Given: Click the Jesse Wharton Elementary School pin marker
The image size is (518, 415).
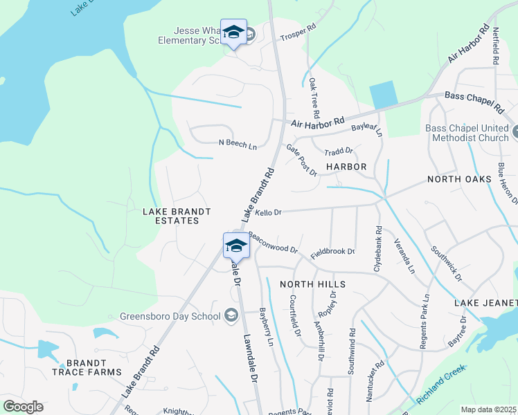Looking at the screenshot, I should [233, 32].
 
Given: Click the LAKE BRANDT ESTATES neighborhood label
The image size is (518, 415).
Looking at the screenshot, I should [170, 215].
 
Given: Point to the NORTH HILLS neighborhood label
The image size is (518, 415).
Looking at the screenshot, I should [312, 284].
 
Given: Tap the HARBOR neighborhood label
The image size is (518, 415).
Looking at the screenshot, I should [346, 167].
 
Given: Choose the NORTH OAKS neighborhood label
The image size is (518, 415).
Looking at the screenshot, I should [459, 179].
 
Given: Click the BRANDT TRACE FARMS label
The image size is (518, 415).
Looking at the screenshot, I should [87, 367].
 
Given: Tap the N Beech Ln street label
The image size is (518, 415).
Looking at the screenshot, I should [238, 144].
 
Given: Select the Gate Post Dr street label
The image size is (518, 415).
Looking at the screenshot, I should [301, 160].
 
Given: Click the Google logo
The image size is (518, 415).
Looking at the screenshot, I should [23, 407].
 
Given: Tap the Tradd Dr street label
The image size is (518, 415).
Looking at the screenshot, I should [339, 150].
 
